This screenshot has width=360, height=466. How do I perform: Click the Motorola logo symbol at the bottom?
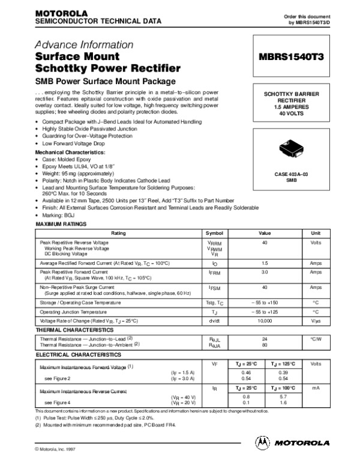(x=262, y=443)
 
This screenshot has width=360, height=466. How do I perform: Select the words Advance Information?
(x=83, y=45)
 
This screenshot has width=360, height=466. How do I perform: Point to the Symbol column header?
(x=214, y=232)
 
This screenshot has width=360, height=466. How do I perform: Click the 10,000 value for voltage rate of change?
(x=265, y=321)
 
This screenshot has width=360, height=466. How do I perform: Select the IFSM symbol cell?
(x=214, y=289)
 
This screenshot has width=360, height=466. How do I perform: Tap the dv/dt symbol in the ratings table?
(x=214, y=321)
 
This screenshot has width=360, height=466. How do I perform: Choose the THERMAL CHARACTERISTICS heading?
(x=75, y=330)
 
